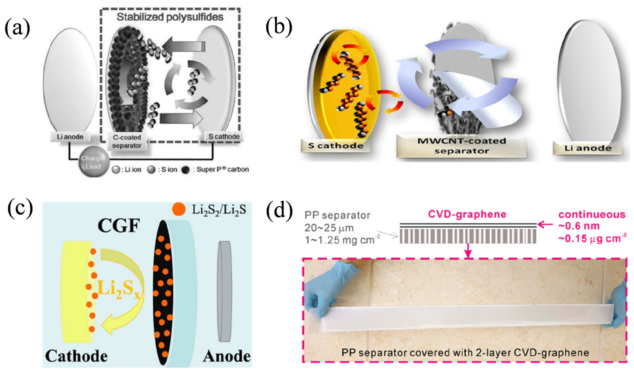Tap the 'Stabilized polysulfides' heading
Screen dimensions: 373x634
point(170,17)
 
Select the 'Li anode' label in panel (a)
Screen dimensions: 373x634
point(70,137)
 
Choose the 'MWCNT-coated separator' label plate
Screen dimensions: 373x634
point(461,146)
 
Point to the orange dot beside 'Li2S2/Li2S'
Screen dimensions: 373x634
point(179,210)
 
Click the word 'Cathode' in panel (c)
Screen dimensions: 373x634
point(77,356)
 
